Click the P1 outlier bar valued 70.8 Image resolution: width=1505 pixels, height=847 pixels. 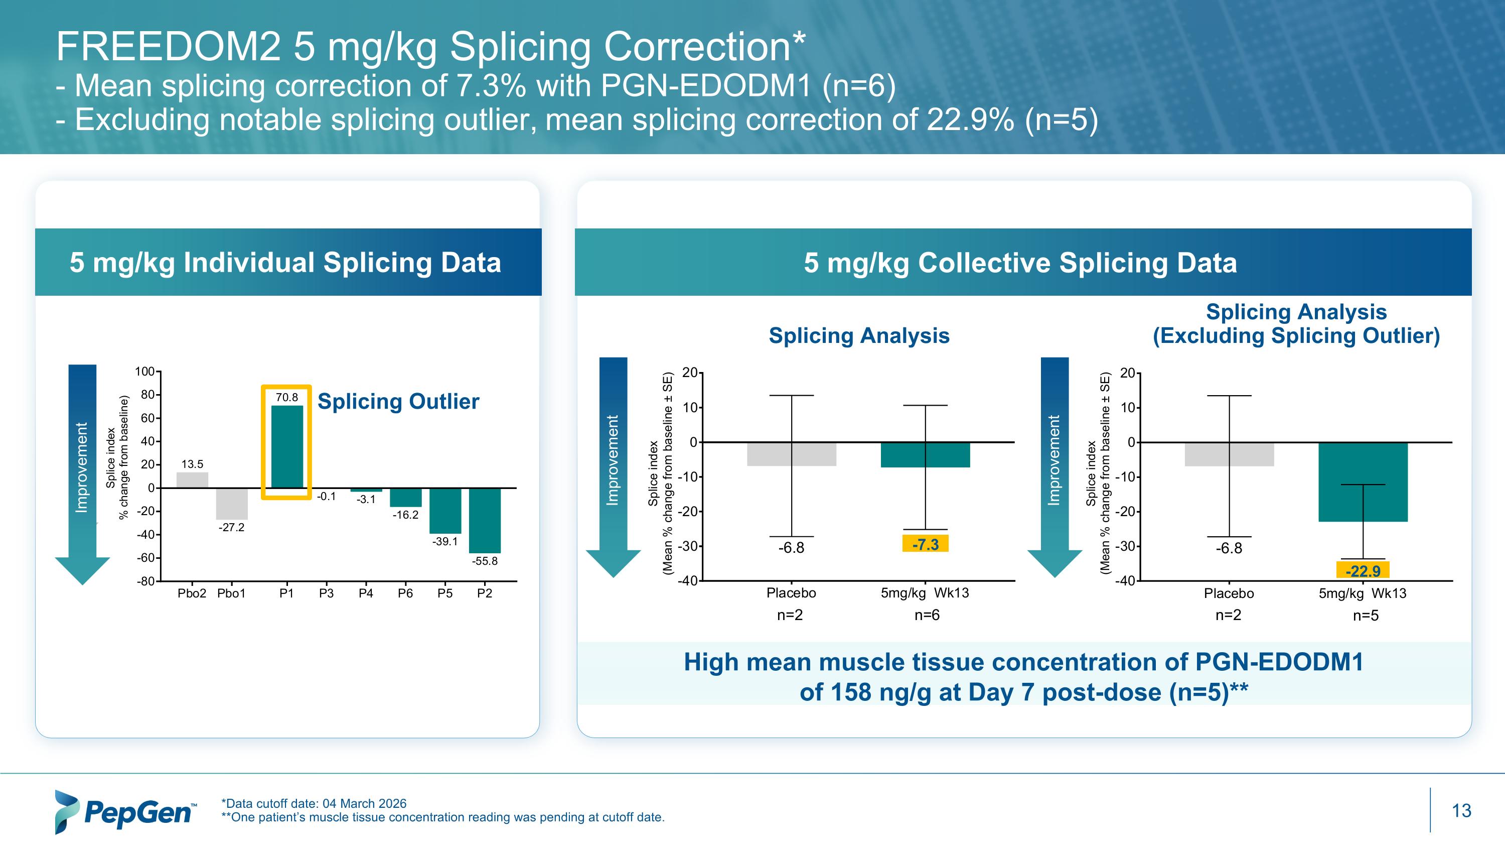pos(287,446)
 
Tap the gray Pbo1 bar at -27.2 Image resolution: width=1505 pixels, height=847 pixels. pos(231,504)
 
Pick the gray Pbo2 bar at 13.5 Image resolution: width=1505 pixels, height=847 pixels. pos(192,480)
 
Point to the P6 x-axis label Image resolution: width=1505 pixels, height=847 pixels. pos(405,593)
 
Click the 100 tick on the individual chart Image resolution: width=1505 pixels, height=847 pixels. pos(144,372)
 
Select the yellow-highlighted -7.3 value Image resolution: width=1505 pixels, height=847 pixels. pos(926,544)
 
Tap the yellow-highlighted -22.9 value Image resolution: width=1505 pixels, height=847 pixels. pos(1363,570)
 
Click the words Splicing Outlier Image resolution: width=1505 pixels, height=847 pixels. pos(398,402)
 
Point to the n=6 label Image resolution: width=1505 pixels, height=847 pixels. pos(927,615)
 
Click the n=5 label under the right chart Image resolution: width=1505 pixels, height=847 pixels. pos(1366,616)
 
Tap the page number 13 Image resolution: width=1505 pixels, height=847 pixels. pos(1461,811)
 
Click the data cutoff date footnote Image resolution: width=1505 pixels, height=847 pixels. pos(314,803)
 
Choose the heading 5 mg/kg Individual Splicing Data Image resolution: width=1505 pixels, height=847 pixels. pos(285,263)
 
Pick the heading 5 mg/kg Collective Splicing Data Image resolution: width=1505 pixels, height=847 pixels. pos(1020,263)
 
